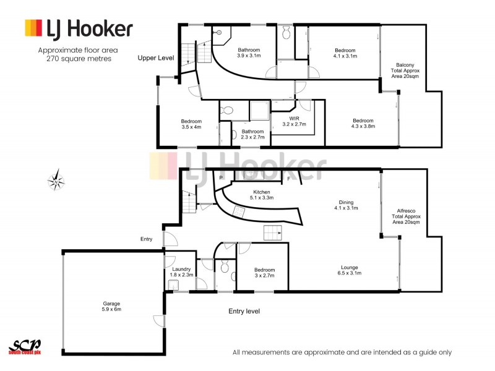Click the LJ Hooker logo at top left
[78, 29]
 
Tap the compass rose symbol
[57, 181]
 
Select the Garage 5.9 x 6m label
[112, 306]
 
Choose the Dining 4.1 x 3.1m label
[346, 205]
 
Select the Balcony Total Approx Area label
[405, 71]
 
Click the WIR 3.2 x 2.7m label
[295, 121]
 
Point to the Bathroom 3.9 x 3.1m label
[249, 53]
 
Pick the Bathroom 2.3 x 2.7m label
[252, 134]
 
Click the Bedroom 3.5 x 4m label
[191, 124]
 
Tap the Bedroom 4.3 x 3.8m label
[363, 123]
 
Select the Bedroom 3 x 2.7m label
[264, 273]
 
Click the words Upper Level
[155, 58]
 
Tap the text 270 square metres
[78, 59]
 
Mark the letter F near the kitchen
[288, 179]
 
